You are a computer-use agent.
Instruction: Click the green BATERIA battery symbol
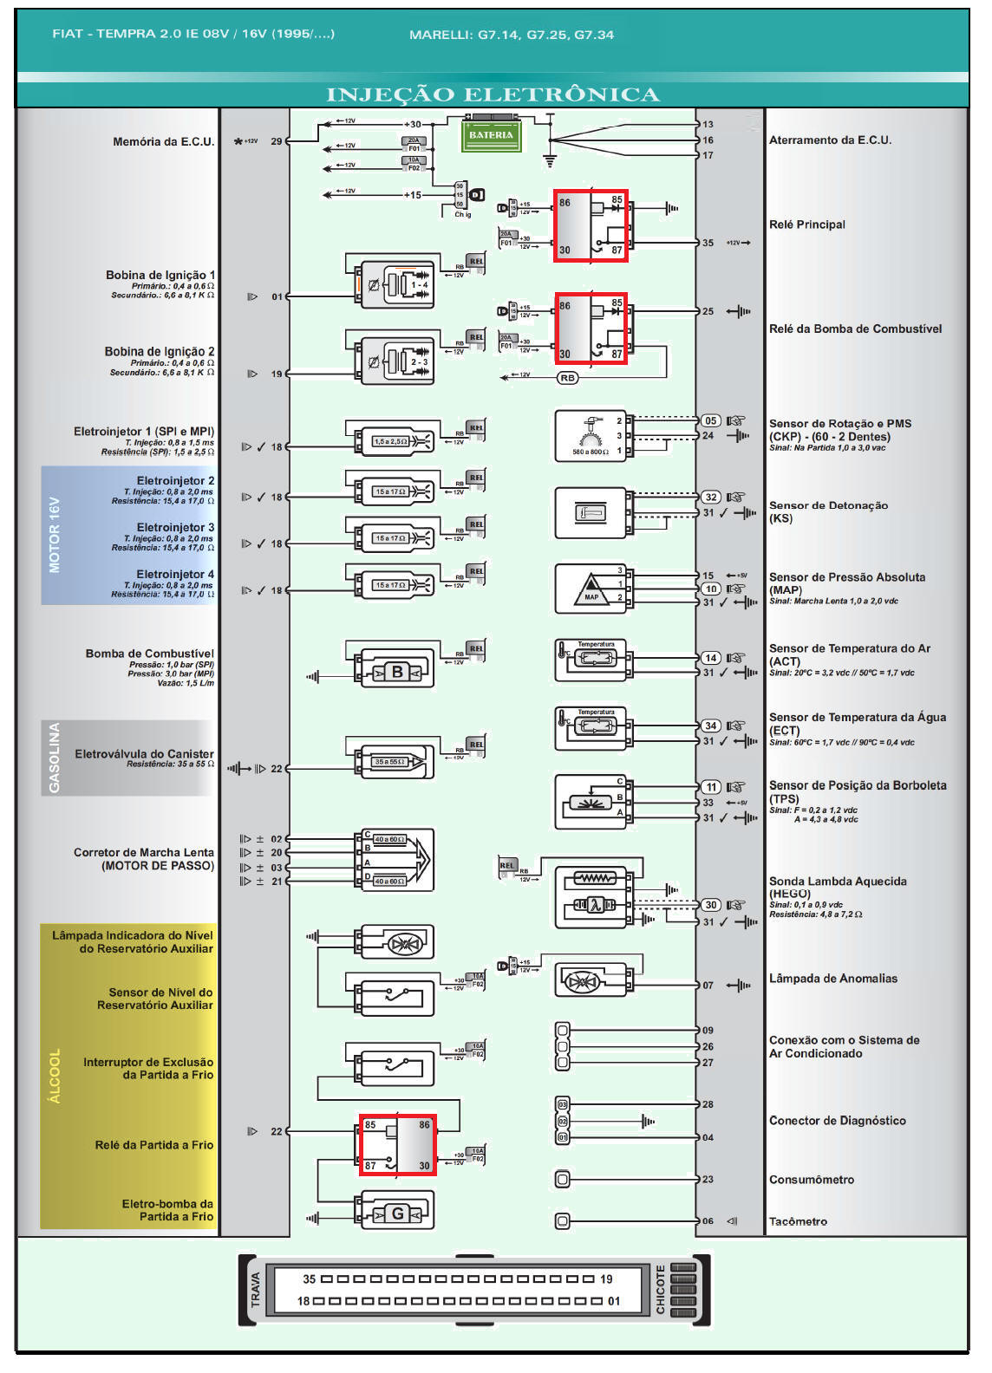tap(491, 134)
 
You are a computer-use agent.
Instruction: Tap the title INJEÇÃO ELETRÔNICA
tap(493, 94)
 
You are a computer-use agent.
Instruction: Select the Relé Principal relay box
tap(591, 226)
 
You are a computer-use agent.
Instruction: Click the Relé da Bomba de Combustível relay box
tap(591, 329)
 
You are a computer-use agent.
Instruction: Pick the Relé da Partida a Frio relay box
tap(398, 1145)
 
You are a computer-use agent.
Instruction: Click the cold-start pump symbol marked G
tap(397, 1214)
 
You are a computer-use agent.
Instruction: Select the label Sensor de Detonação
tap(828, 505)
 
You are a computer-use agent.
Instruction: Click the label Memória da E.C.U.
tap(163, 141)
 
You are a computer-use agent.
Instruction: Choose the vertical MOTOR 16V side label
tap(55, 535)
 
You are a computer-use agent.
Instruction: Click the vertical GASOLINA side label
tap(55, 758)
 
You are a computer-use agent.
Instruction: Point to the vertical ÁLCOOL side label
tap(55, 1077)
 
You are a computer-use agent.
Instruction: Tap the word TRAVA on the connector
tap(255, 1290)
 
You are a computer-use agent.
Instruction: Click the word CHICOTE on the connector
tap(661, 1290)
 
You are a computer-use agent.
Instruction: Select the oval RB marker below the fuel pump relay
tap(567, 378)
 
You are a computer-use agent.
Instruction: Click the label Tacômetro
tap(798, 1221)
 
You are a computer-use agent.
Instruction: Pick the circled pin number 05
tap(710, 420)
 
